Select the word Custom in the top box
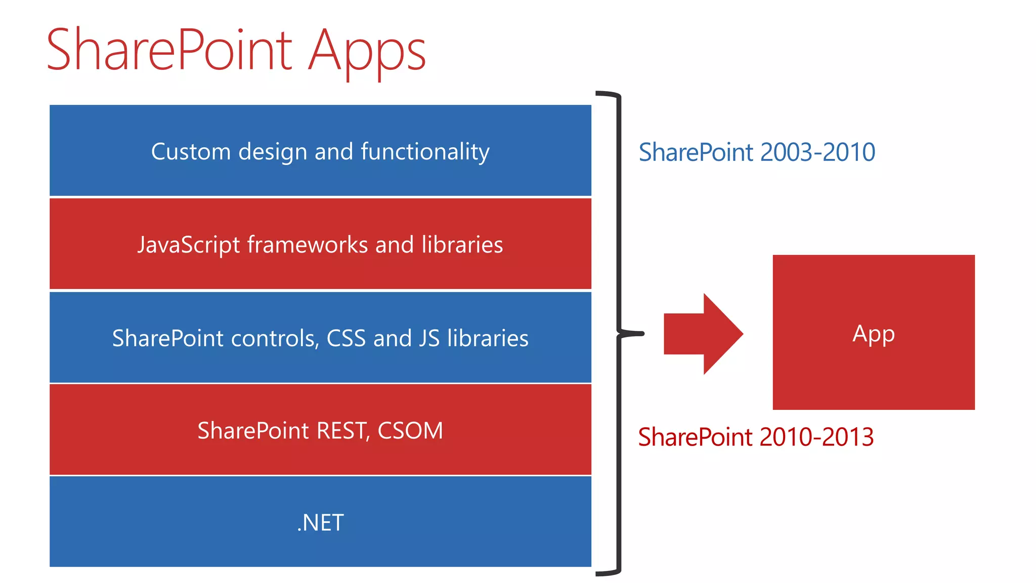tap(191, 151)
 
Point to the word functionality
tap(425, 151)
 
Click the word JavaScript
tap(188, 245)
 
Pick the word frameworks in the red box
tap(308, 245)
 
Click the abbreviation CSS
tap(346, 338)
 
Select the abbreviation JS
tap(429, 338)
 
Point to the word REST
tap(342, 431)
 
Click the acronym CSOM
tap(410, 431)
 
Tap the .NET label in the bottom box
tap(320, 523)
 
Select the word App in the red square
tap(874, 334)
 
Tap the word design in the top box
tap(273, 151)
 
